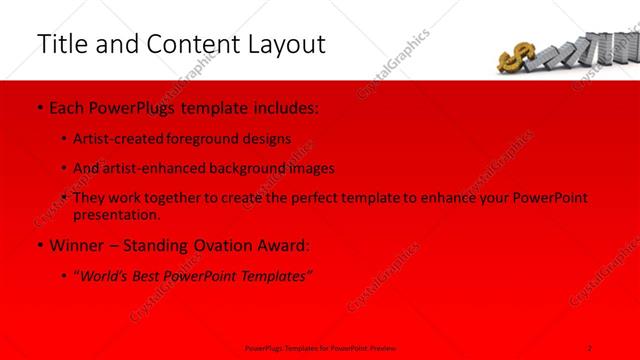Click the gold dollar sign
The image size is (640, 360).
tap(522, 59)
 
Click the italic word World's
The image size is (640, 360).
tap(104, 275)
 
